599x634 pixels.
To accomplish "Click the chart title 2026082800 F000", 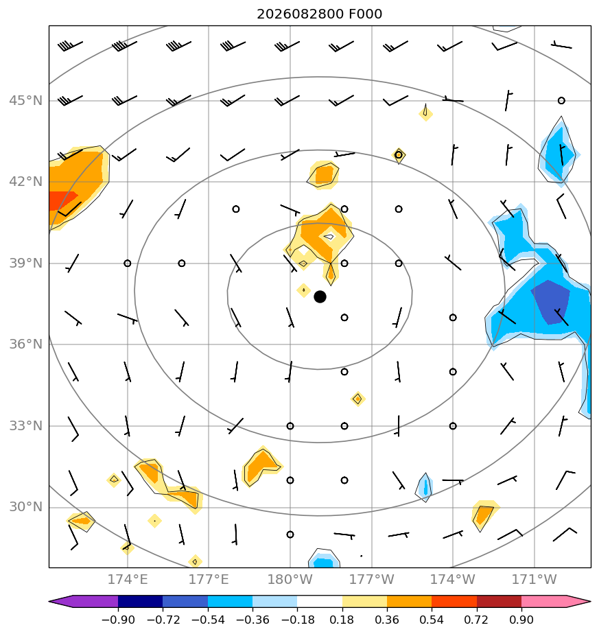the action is tap(319, 14).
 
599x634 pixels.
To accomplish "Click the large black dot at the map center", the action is tap(320, 297).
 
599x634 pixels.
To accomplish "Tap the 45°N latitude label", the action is tap(25, 100).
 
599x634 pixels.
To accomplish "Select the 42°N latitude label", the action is tap(25, 182).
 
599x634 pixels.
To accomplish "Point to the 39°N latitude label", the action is tap(25, 263).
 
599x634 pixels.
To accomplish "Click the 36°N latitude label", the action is tap(25, 344).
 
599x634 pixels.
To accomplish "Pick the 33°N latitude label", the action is tap(25, 426).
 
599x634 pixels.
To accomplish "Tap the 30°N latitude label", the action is tap(25, 506).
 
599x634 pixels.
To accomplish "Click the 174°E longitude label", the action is tap(128, 579).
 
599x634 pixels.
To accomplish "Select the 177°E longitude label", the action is tap(209, 579).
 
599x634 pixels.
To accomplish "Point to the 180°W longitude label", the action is tap(290, 579).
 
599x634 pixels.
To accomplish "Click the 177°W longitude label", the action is tap(371, 579).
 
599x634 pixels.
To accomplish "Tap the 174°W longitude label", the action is tap(453, 579).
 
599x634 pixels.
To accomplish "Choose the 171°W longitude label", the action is tap(535, 579).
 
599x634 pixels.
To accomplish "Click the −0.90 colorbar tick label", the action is tap(118, 620).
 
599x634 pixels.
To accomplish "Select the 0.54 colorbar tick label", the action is tap(432, 620).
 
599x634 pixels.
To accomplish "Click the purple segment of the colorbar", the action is tap(87, 601).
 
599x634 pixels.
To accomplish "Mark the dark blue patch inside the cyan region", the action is tap(551, 302).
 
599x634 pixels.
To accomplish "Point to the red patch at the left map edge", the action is tap(60, 200).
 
